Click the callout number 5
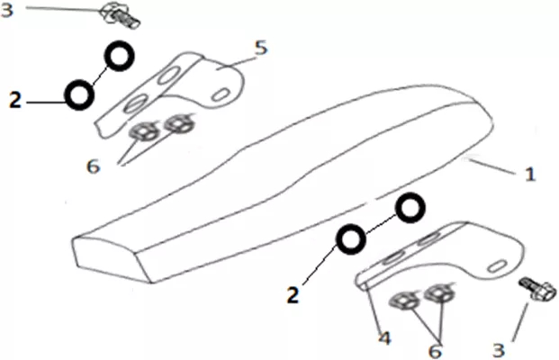pyautogui.click(x=262, y=48)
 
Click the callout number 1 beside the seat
pyautogui.click(x=530, y=175)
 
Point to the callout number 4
pyautogui.click(x=384, y=338)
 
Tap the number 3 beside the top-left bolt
pyautogui.click(x=7, y=10)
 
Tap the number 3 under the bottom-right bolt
pyautogui.click(x=499, y=350)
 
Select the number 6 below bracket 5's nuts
pyautogui.click(x=94, y=166)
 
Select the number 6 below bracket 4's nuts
pyautogui.click(x=435, y=351)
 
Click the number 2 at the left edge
pyautogui.click(x=15, y=100)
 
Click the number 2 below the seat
pyautogui.click(x=293, y=295)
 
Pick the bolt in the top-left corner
pyautogui.click(x=121, y=15)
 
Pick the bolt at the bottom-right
pyautogui.click(x=538, y=290)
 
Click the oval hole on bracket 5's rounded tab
pyautogui.click(x=220, y=94)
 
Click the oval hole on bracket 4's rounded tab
pyautogui.click(x=498, y=266)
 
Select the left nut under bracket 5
pyautogui.click(x=145, y=131)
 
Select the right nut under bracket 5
pyautogui.click(x=179, y=123)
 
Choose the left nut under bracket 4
pyautogui.click(x=405, y=301)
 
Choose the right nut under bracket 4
pyautogui.click(x=439, y=293)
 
